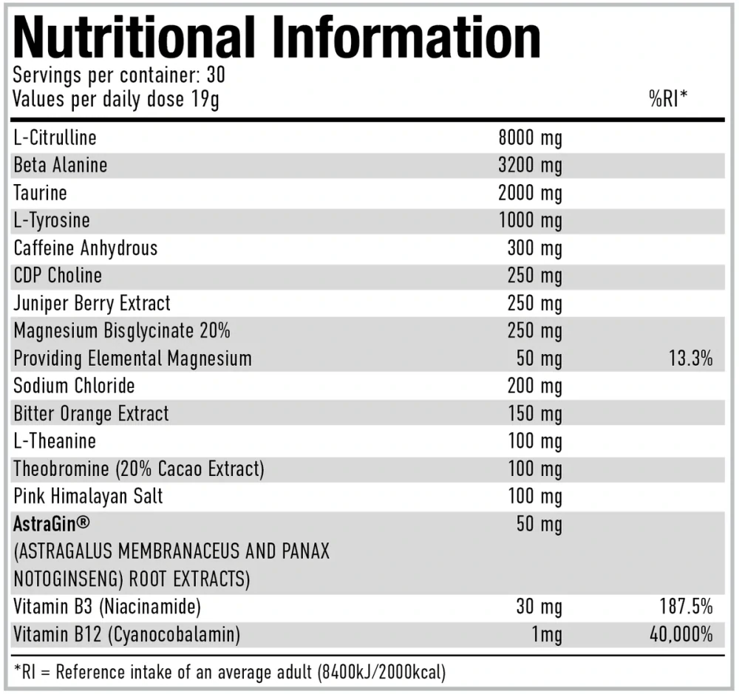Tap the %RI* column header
668,99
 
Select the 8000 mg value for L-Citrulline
530,137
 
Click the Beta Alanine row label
60,165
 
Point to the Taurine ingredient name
40,193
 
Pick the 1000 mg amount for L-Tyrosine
530,220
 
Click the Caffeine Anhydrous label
86,248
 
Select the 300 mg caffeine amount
535,248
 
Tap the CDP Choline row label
58,276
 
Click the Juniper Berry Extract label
92,303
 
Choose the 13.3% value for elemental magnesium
689,359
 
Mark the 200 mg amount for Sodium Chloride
535,387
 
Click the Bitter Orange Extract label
91,413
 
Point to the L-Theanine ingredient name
55,441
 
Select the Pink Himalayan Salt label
88,497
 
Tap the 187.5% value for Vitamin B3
686,608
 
